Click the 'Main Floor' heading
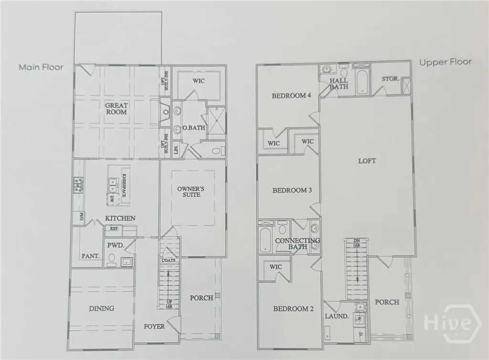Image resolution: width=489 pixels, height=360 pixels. coord(41,67)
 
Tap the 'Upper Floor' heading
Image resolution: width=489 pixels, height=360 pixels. coord(445,62)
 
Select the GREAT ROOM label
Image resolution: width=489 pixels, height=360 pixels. coord(117,108)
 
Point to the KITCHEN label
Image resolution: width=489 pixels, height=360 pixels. coord(120,218)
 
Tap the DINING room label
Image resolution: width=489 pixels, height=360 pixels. coord(101,308)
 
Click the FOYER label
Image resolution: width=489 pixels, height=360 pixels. coord(154,327)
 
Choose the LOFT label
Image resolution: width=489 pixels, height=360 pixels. coord(367,161)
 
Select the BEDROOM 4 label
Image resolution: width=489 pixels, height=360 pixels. coord(291,96)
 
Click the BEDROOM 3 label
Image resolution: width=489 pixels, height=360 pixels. coord(292,191)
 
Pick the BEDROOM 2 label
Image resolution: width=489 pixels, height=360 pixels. coord(293,309)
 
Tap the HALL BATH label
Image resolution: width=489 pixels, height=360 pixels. coord(339,84)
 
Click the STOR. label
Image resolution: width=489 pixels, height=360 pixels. coord(391,78)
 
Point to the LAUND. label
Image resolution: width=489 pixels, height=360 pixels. coord(337,316)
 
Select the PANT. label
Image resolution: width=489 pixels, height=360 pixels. coord(90,256)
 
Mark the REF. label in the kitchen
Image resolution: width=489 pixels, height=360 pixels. coord(114,229)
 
